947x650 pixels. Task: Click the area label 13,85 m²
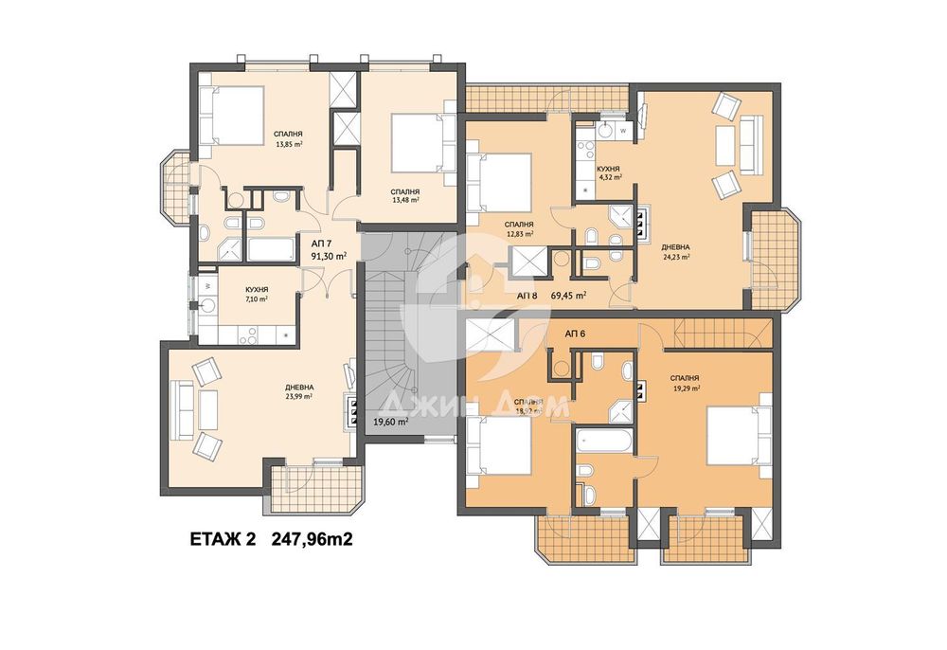tap(289, 145)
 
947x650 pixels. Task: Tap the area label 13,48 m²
tap(406, 200)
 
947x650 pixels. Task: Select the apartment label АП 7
tap(322, 244)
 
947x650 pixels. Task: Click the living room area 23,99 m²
tap(299, 396)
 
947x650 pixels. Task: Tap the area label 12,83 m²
tap(519, 233)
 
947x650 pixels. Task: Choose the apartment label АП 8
tap(527, 296)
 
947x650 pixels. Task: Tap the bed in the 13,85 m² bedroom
tap(233, 115)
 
